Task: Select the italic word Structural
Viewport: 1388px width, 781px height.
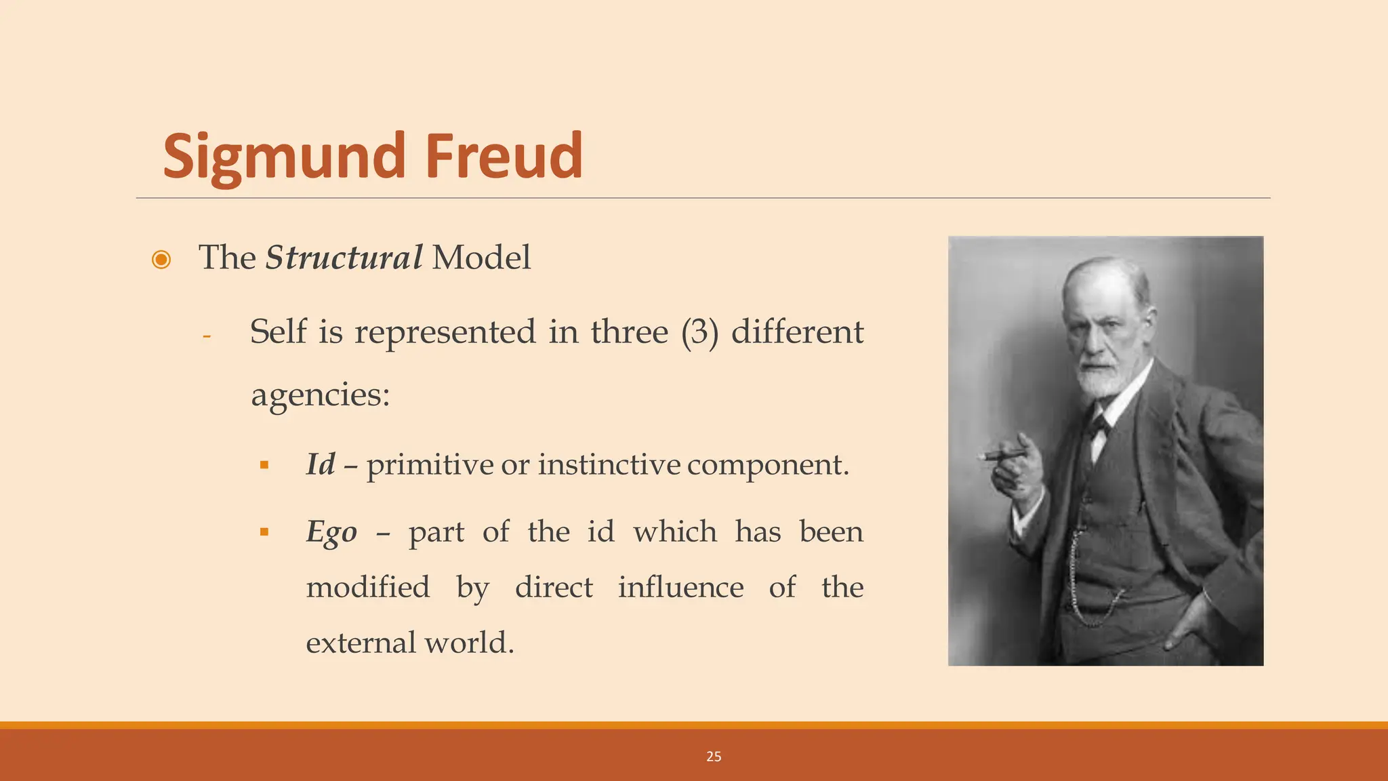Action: click(x=344, y=258)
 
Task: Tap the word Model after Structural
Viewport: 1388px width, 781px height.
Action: click(x=481, y=258)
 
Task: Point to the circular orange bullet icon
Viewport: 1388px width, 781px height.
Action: click(x=161, y=260)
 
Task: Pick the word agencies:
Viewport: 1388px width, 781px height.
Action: click(x=321, y=395)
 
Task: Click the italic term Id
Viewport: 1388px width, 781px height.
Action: click(x=321, y=464)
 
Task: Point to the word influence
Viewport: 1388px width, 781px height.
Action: click(x=680, y=587)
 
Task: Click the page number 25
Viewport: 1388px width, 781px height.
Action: click(x=714, y=757)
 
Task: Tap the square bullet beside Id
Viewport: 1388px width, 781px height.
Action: click(x=264, y=465)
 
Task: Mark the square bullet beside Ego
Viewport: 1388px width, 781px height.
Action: click(x=264, y=532)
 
